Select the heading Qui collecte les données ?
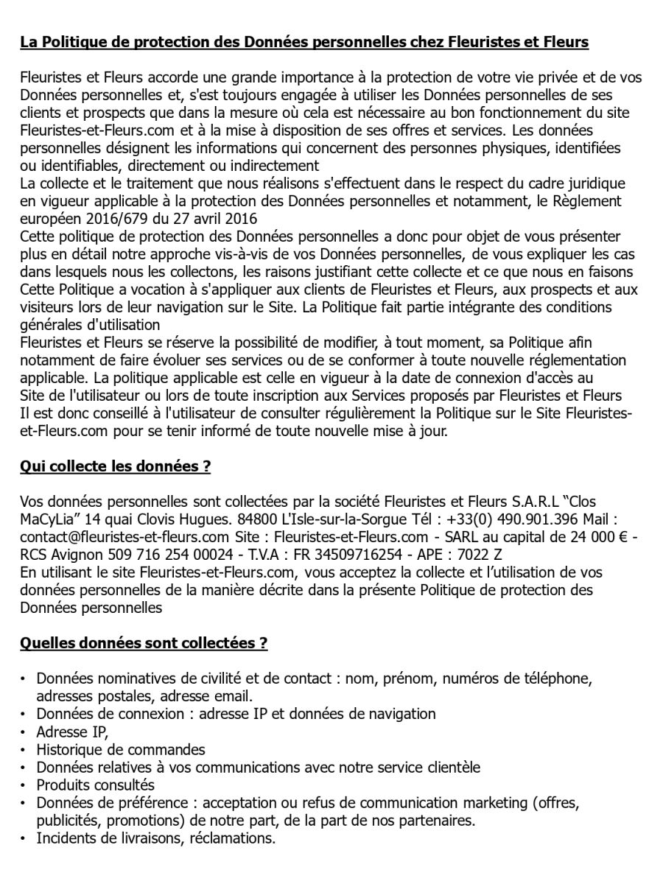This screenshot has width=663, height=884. click(x=115, y=466)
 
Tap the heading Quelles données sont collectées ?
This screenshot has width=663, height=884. click(x=144, y=643)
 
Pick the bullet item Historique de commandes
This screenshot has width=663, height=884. click(x=121, y=750)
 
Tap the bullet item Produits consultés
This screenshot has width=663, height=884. click(x=96, y=785)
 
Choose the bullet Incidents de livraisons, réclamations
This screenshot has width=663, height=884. click(x=155, y=838)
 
